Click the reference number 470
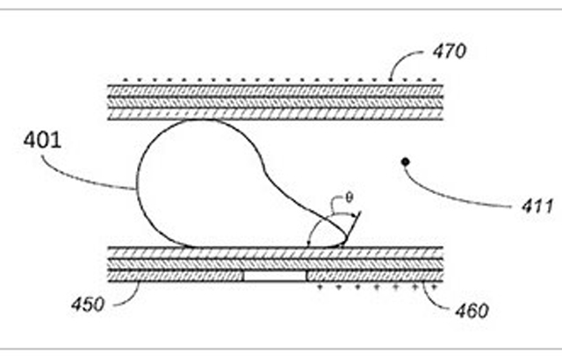pyautogui.click(x=450, y=51)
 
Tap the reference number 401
pyautogui.click(x=42, y=140)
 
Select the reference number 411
pyautogui.click(x=537, y=206)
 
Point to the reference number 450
pyautogui.click(x=88, y=305)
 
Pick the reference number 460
pyautogui.click(x=472, y=311)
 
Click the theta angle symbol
pyautogui.click(x=349, y=198)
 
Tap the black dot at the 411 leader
pyautogui.click(x=406, y=162)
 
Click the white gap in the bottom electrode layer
pyautogui.click(x=275, y=277)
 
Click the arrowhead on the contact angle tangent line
pyautogui.click(x=357, y=215)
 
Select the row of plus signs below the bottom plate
pyautogui.click(x=377, y=287)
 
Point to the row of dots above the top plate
pyautogui.click(x=279, y=80)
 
